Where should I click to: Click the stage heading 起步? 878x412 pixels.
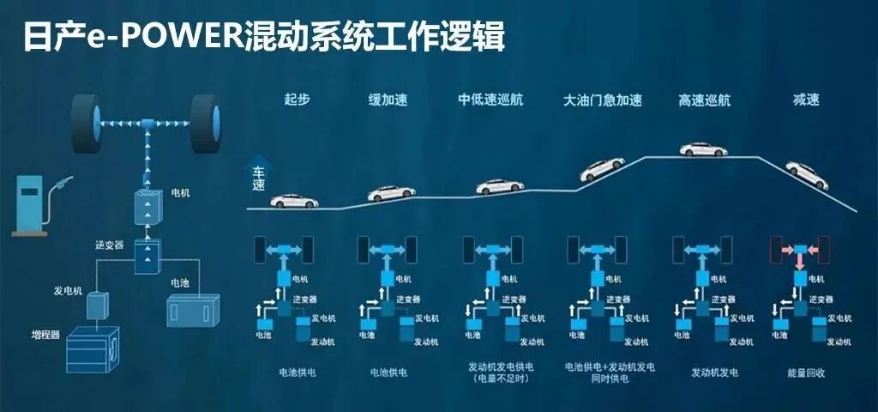(297, 100)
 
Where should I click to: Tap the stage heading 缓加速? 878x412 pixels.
(389, 100)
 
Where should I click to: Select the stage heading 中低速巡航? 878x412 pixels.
(490, 100)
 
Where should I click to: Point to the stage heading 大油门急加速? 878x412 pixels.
(602, 100)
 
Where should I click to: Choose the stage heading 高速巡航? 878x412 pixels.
(704, 100)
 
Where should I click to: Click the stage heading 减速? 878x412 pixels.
(806, 100)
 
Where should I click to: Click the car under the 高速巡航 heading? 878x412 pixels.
(703, 149)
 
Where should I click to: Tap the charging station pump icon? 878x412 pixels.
(31, 203)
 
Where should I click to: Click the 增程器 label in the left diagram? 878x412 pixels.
(46, 334)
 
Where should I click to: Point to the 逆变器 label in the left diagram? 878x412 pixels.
(109, 245)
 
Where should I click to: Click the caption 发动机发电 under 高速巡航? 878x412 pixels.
(714, 373)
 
